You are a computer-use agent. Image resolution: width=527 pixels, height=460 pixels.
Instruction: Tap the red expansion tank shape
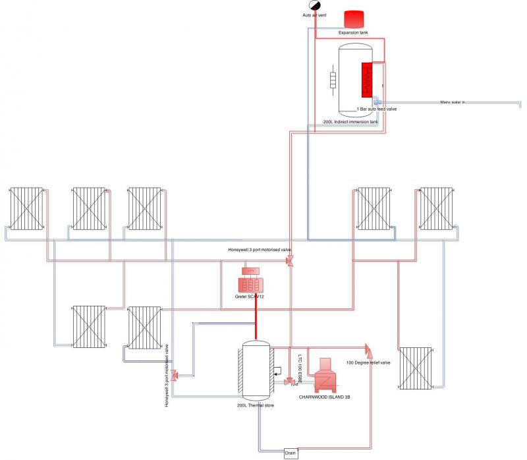pos(354,18)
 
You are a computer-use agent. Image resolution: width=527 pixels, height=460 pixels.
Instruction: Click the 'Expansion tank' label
pos(354,32)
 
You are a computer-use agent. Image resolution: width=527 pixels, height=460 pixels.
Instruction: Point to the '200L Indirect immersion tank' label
pos(350,122)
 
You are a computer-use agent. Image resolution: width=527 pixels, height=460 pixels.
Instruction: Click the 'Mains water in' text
pos(453,102)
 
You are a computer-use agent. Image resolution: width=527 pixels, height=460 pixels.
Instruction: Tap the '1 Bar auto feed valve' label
pos(376,109)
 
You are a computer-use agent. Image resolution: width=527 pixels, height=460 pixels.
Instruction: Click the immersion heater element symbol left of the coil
pos(333,81)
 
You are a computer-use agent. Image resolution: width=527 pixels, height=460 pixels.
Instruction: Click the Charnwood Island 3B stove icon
pos(325,376)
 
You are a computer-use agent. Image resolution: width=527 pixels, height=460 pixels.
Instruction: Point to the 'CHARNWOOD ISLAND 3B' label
pos(323,397)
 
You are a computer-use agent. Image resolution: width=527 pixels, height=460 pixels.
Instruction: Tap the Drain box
pos(291,452)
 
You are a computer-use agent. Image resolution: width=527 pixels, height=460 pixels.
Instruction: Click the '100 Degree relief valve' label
pos(368,363)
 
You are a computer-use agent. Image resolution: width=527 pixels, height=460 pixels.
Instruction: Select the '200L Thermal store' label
pos(256,405)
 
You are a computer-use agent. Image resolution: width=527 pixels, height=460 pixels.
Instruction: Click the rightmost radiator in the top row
pos(437,208)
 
